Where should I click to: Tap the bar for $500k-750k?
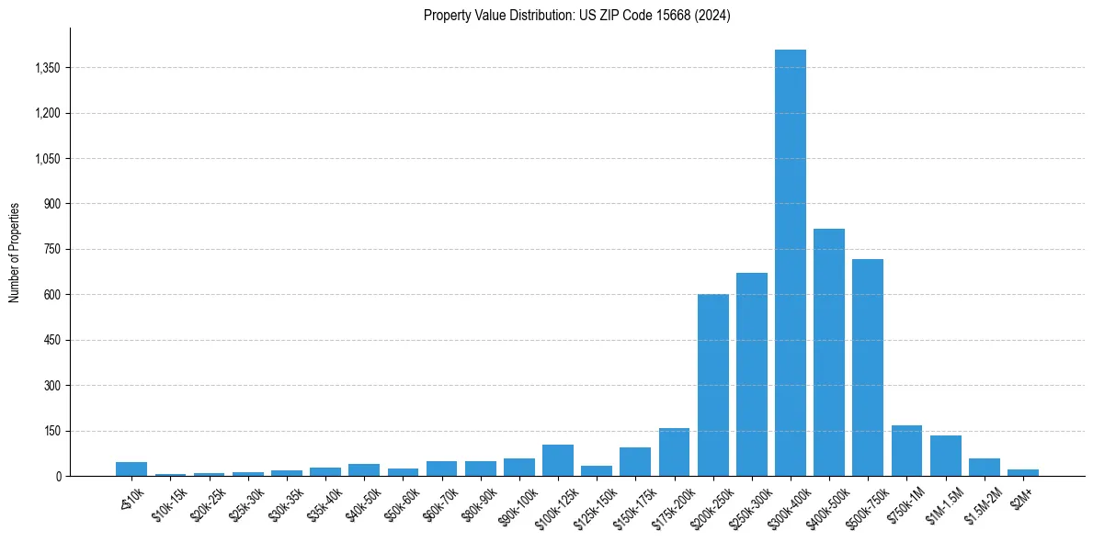coord(868,367)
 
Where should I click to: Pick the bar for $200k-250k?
coord(712,385)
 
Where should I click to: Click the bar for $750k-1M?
coord(906,451)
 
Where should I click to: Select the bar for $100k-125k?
coord(558,460)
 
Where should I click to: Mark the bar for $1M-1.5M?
coord(945,456)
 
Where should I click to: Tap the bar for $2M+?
coord(1022,472)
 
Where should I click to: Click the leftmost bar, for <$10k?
coord(131,469)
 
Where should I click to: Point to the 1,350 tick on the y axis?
coord(46,68)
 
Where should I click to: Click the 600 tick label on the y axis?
coord(51,295)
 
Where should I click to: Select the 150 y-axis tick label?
coord(51,431)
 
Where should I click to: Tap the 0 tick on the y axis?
coord(57,476)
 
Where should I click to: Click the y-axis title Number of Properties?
coord(14,253)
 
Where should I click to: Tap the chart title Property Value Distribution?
coord(576,16)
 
